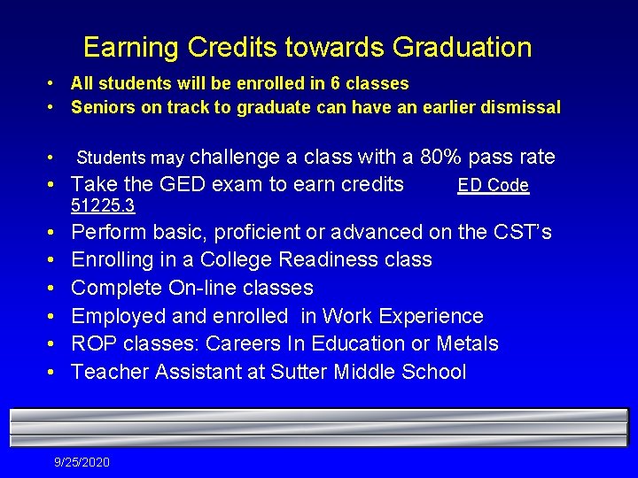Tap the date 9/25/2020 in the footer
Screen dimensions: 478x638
click(x=82, y=462)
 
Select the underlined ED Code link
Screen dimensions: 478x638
click(x=493, y=186)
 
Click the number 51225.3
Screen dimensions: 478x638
click(x=103, y=205)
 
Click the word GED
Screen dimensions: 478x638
click(x=182, y=185)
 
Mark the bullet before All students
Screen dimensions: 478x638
click(x=52, y=84)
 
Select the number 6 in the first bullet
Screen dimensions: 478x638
click(x=335, y=84)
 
